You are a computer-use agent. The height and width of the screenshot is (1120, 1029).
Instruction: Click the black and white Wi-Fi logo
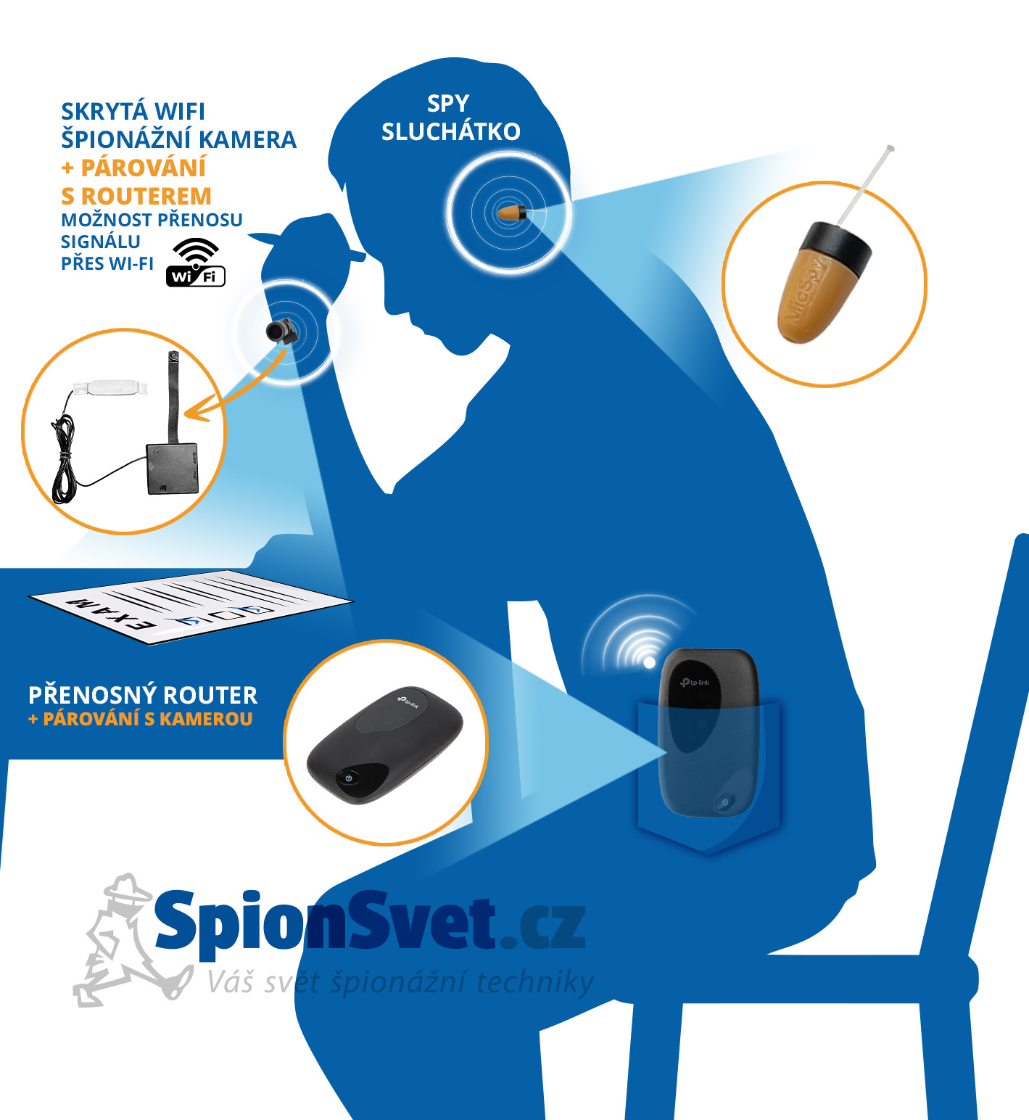(196, 262)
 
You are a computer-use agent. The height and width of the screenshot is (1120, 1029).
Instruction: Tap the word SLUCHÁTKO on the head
(451, 131)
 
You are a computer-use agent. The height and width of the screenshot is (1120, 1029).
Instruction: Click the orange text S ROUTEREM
(136, 196)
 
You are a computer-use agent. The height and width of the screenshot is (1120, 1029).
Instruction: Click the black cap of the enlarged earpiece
(840, 247)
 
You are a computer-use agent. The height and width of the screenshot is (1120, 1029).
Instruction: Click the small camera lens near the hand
(280, 331)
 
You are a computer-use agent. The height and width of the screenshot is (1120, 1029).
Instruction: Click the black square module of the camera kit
(173, 469)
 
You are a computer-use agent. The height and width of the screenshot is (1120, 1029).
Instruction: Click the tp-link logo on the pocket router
(695, 683)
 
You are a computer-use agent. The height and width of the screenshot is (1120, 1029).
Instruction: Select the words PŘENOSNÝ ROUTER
(143, 695)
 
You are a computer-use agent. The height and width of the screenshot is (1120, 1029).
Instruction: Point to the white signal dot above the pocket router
(649, 662)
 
